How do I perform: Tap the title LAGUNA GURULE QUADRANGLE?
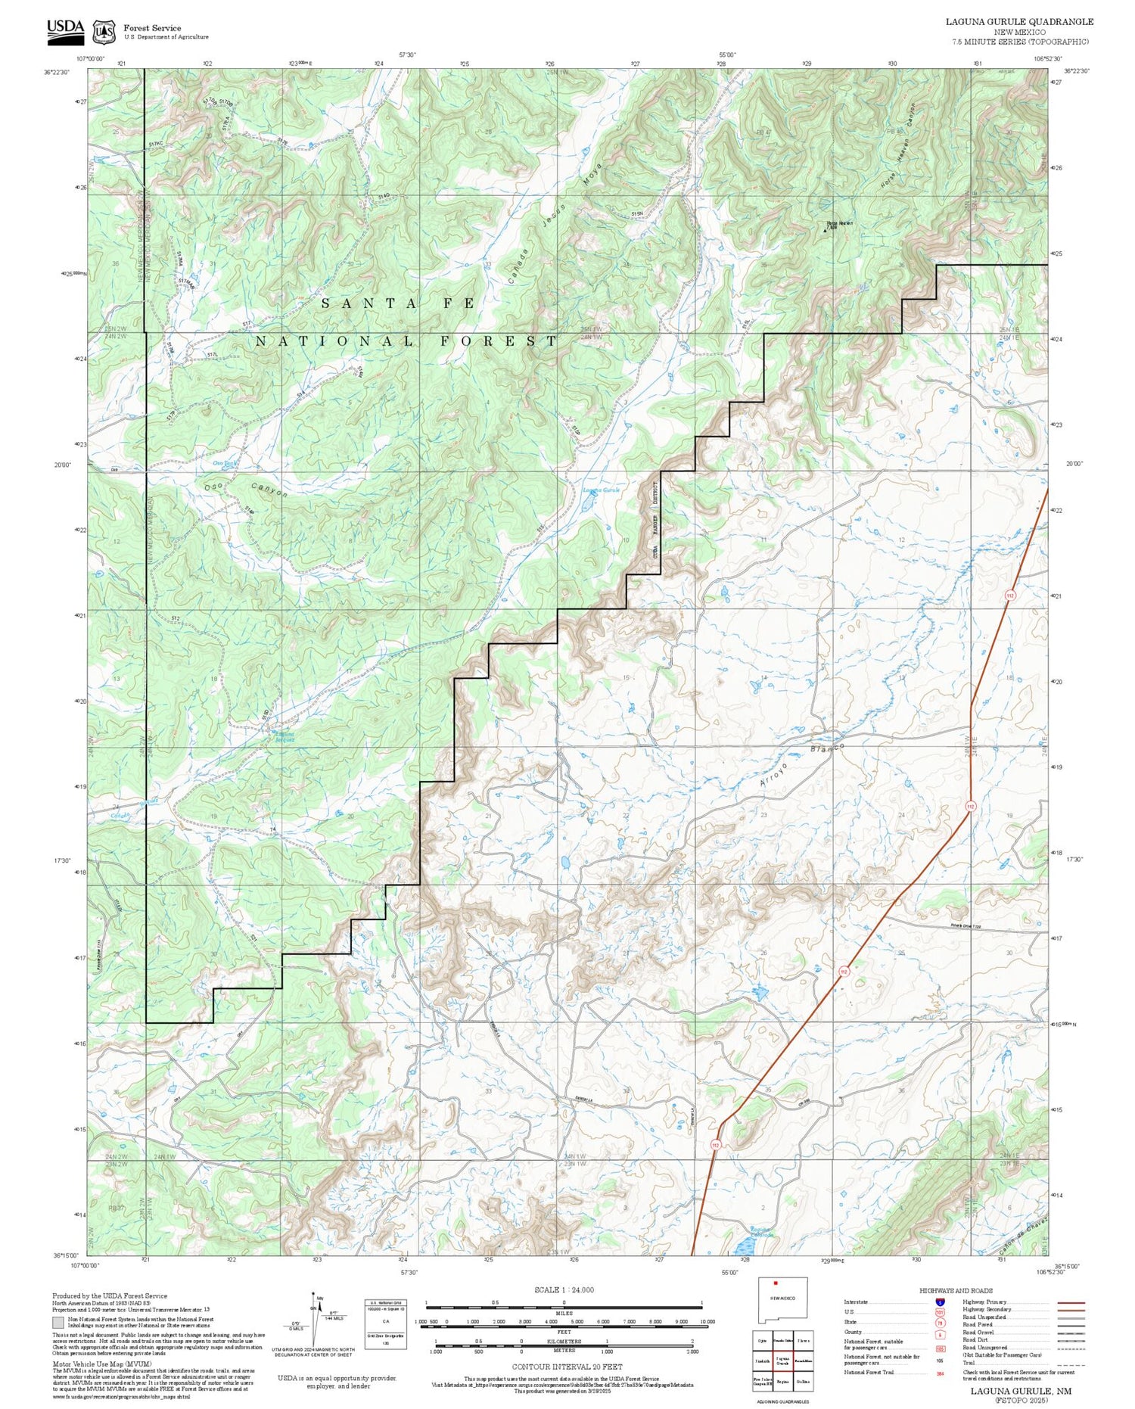point(1019,21)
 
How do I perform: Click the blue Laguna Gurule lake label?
point(601,490)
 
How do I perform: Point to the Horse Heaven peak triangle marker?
point(825,228)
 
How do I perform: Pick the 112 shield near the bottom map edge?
point(715,1146)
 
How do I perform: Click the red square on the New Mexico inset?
point(776,1283)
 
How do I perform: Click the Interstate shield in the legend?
point(939,1302)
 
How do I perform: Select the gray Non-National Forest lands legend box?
point(58,1322)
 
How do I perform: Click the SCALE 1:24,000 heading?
point(564,1290)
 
